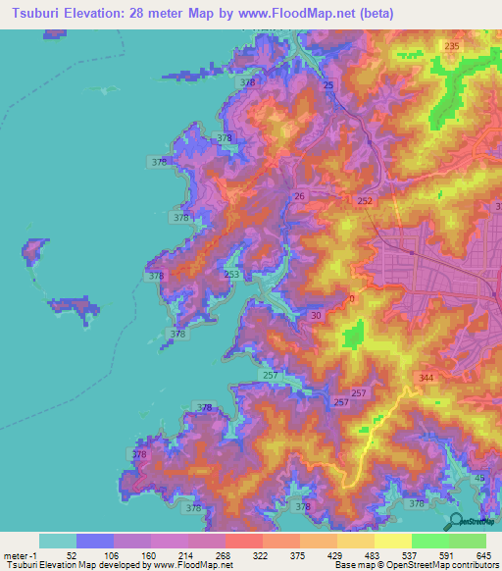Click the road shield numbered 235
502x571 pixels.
(x=452, y=46)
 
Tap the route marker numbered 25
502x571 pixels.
(x=328, y=86)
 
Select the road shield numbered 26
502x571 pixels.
(x=299, y=197)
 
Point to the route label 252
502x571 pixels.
(x=365, y=201)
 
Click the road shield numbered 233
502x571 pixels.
(x=231, y=274)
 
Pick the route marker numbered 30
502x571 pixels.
(x=316, y=315)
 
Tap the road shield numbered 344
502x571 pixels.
(x=426, y=377)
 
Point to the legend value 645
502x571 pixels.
(x=482, y=556)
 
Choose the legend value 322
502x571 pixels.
(x=262, y=556)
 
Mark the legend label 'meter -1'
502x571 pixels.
(x=21, y=556)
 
